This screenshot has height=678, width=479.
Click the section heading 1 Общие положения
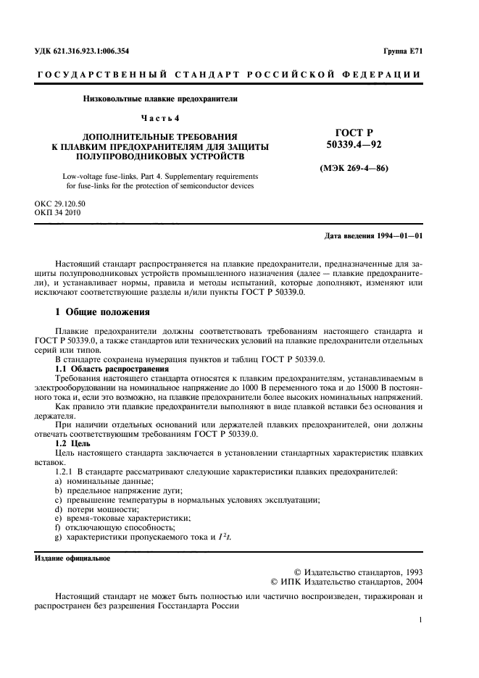(102, 312)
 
